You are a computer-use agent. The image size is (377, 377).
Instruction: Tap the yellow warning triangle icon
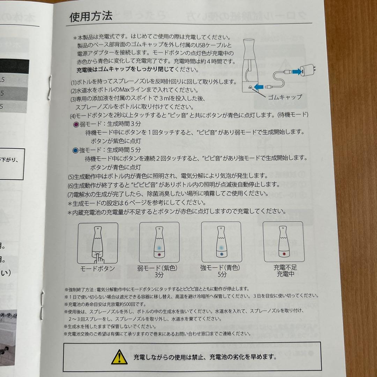click(119, 357)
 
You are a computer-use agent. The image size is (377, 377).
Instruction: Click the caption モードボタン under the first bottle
click(97, 268)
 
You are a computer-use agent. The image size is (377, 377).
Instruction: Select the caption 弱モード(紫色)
click(159, 268)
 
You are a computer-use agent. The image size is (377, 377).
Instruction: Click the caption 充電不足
click(285, 267)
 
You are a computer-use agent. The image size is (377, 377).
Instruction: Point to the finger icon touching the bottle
click(100, 258)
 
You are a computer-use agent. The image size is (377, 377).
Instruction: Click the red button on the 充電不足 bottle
click(284, 254)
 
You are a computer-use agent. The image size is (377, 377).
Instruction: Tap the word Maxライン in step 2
click(129, 90)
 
